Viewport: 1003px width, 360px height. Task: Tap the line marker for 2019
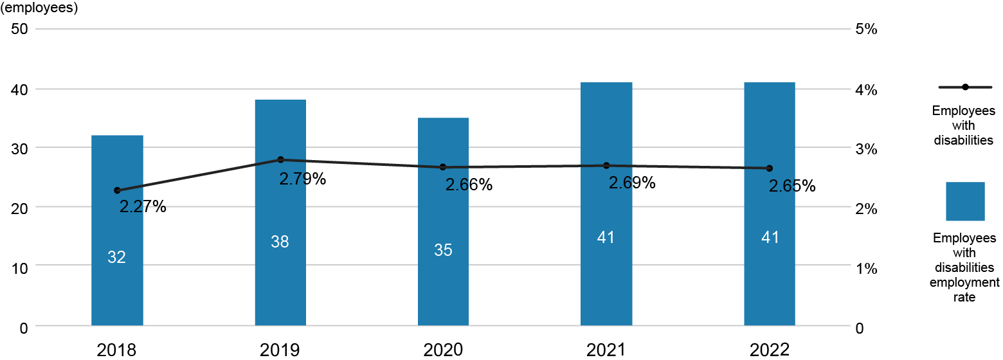point(280,159)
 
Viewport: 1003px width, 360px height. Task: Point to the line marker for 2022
point(769,168)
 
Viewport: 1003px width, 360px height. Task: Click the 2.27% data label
point(143,206)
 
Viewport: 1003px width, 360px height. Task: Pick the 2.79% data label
point(302,179)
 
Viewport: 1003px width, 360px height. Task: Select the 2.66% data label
point(469,185)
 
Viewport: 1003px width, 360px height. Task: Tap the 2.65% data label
point(791,186)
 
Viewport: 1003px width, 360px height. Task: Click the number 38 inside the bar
point(280,242)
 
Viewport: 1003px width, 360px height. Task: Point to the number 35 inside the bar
point(443,250)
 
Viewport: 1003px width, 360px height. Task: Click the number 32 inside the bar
point(116,257)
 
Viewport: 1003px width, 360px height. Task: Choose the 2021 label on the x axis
point(606,350)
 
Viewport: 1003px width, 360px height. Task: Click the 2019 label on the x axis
point(280,350)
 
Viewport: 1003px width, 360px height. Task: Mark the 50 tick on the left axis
point(19,30)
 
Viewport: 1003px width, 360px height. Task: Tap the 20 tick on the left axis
point(19,208)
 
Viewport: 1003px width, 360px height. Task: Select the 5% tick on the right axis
point(865,30)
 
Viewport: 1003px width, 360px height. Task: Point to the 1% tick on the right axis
point(865,267)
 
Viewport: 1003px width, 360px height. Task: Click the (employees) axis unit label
point(40,9)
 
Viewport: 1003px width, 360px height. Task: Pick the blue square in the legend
point(965,201)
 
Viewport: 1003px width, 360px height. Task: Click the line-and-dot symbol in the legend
point(965,87)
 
